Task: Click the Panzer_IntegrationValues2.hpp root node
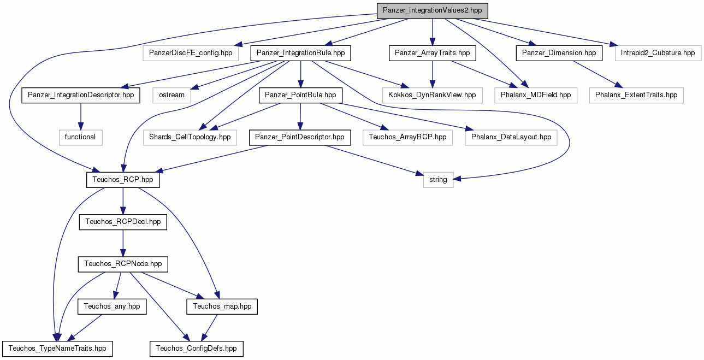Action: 432,11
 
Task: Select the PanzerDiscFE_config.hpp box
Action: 191,53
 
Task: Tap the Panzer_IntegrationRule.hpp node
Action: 300,53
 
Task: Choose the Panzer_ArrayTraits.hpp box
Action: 432,53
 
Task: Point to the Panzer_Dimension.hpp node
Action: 559,53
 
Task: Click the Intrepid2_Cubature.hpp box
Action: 658,53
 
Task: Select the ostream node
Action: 171,95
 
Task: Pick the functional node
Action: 80,137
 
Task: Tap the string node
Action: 438,180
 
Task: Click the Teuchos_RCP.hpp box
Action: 123,180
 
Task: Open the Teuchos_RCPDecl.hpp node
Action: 123,222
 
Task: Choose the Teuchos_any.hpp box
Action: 112,306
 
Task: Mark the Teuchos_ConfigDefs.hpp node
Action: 197,349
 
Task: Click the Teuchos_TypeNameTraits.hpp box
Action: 57,349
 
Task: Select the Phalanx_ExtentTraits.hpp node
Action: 636,95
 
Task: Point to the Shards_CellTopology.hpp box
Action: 190,137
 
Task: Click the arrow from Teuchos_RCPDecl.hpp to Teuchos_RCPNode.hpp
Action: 123,243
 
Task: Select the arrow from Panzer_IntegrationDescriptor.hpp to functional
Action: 80,116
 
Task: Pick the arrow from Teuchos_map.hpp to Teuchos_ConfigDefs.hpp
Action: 209,328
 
